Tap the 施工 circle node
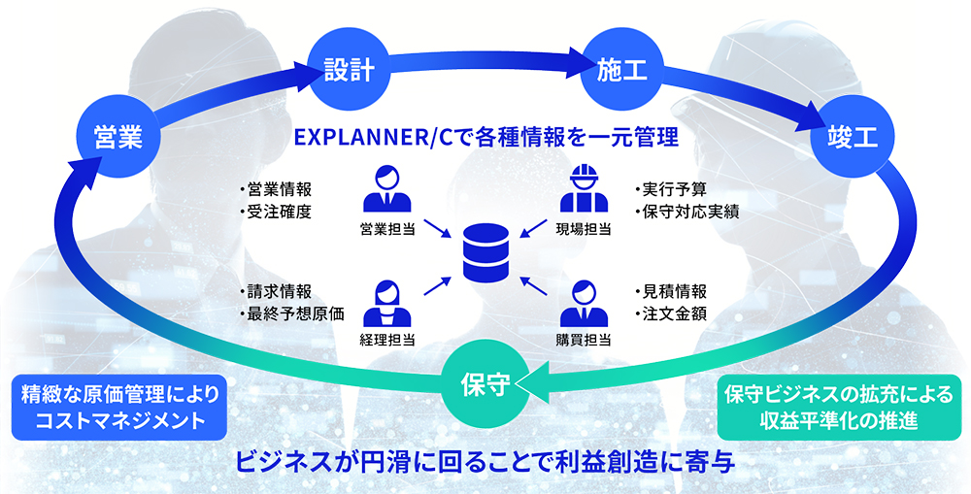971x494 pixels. pyautogui.click(x=616, y=70)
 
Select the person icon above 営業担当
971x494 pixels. pyautogui.click(x=385, y=190)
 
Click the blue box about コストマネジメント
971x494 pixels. pyautogui.click(x=120, y=408)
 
